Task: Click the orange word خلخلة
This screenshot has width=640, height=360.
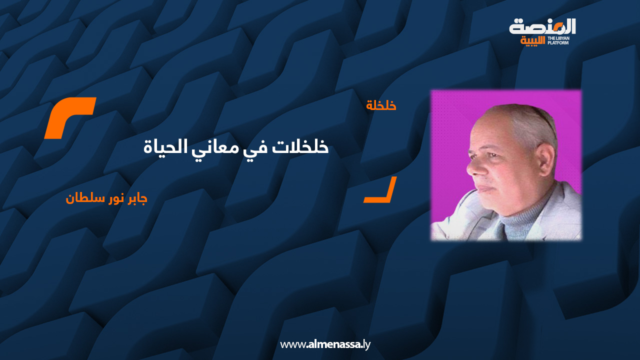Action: click(x=381, y=105)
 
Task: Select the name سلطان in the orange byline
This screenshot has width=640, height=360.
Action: click(x=80, y=198)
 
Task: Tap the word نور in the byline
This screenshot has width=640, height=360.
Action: click(x=108, y=199)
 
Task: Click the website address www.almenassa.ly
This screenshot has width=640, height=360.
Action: click(x=325, y=344)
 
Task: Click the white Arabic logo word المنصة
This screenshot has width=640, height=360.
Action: click(x=542, y=26)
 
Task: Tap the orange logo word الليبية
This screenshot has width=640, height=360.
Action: click(x=532, y=40)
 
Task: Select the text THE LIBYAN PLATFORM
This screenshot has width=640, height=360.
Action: click(x=558, y=40)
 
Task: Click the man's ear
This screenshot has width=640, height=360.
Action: click(x=544, y=159)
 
